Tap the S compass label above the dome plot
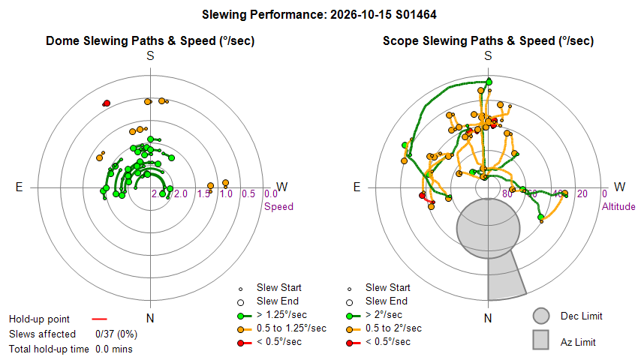[x=150, y=55]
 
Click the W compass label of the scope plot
[x=619, y=187]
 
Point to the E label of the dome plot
[x=19, y=187]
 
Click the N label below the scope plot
[x=488, y=318]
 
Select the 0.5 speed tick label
[x=248, y=194]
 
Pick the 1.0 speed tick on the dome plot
[x=226, y=194]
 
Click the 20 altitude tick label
[x=582, y=194]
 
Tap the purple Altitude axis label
[x=618, y=207]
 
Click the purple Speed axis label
[x=278, y=207]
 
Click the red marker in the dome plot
[x=107, y=103]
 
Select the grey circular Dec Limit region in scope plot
[x=489, y=229]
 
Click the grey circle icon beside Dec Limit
[x=541, y=316]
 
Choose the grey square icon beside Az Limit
[x=541, y=340]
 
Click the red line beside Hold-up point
[x=99, y=319]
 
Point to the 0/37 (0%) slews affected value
[x=116, y=334]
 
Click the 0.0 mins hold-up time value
[x=114, y=349]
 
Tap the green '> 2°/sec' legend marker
[x=353, y=316]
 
